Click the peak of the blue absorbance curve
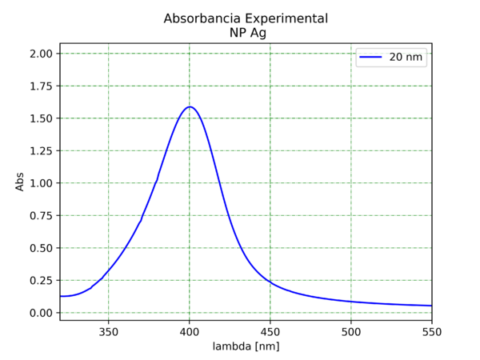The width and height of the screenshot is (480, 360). click(190, 106)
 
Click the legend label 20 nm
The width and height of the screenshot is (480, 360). click(406, 58)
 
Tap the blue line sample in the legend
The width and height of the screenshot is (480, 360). click(370, 58)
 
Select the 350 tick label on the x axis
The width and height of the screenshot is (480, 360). click(108, 331)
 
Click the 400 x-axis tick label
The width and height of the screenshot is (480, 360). click(189, 331)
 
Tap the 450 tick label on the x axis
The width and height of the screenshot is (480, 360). click(270, 331)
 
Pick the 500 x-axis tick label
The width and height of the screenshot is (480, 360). click(350, 331)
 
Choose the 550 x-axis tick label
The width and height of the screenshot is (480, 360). click(431, 331)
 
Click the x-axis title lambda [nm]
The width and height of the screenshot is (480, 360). click(246, 346)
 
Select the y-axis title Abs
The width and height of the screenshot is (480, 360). click(20, 183)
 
